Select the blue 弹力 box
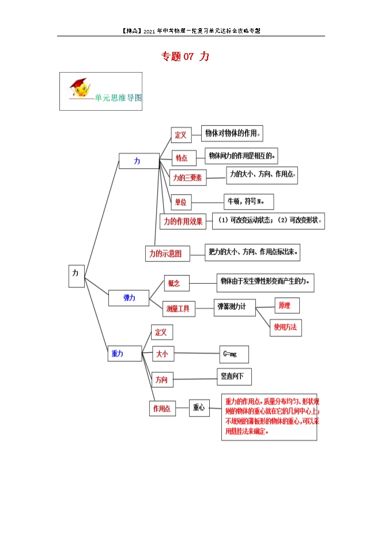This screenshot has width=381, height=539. (129, 297)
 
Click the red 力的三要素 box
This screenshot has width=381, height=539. (187, 178)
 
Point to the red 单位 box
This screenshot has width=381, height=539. (181, 202)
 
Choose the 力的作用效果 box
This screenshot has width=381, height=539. (183, 221)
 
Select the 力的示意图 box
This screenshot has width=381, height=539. (166, 253)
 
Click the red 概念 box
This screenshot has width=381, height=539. (174, 283)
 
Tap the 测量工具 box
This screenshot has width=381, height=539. (179, 309)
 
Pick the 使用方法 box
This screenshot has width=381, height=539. (285, 327)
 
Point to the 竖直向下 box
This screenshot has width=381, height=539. (233, 377)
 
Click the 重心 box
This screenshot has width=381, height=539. (199, 408)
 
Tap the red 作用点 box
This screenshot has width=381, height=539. (162, 408)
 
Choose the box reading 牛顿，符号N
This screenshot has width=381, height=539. (248, 201)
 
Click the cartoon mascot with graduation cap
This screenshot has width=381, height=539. (81, 88)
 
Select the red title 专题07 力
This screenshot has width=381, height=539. (184, 56)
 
